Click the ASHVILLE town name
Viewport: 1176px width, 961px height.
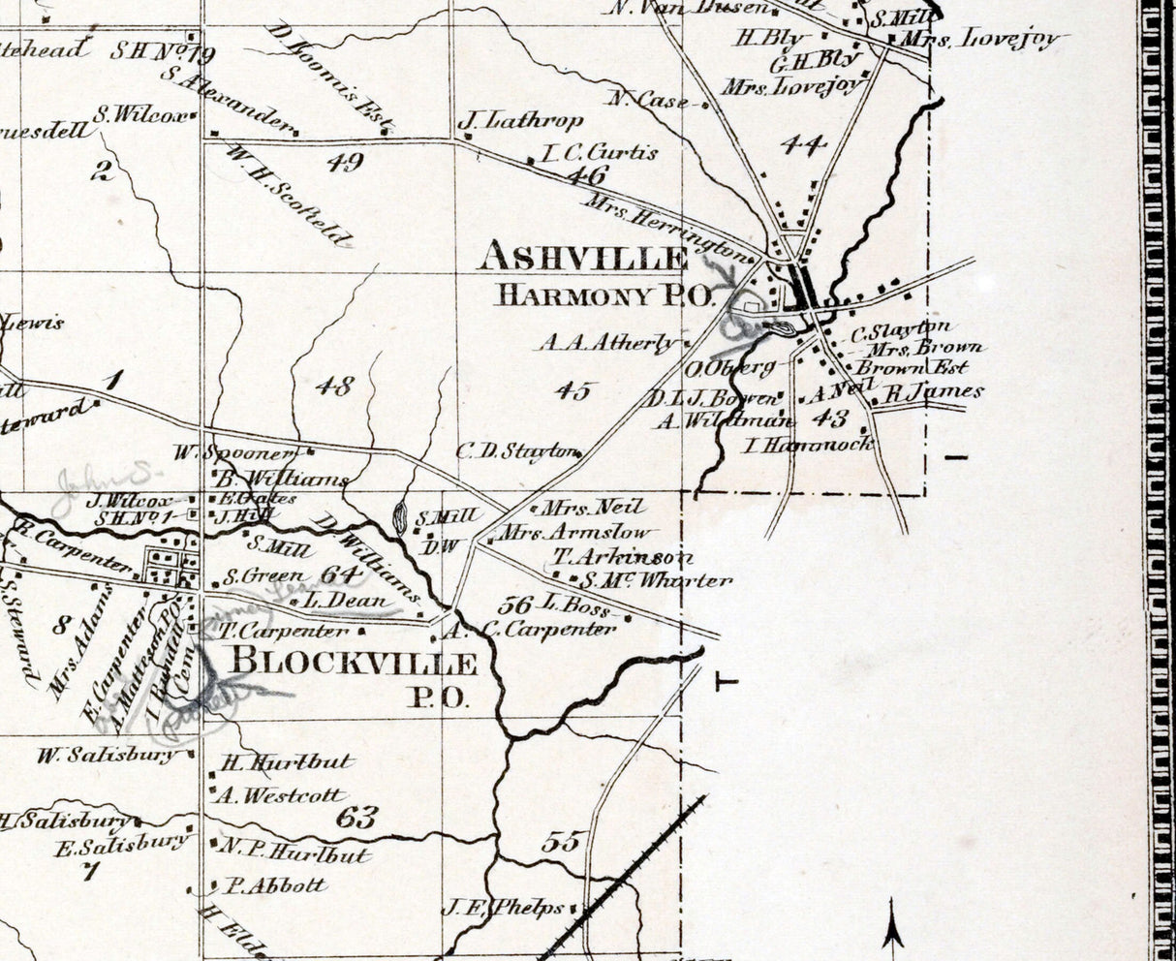coord(583,258)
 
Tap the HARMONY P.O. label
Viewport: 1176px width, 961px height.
coord(604,294)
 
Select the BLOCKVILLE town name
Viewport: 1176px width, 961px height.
coord(353,663)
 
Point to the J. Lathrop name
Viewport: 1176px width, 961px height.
coord(520,121)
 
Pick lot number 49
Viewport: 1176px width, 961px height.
coord(345,161)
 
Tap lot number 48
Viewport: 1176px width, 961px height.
coord(334,387)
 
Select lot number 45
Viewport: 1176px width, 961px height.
coord(573,390)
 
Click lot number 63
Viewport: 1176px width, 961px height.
coord(356,817)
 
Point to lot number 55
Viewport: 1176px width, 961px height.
coord(560,841)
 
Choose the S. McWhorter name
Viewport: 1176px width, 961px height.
coord(657,580)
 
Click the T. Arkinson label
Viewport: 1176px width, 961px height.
coord(623,557)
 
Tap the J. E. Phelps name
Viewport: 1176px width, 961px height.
coord(503,908)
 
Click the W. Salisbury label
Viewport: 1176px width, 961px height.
coord(108,755)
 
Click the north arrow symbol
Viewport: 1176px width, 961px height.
coord(893,925)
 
